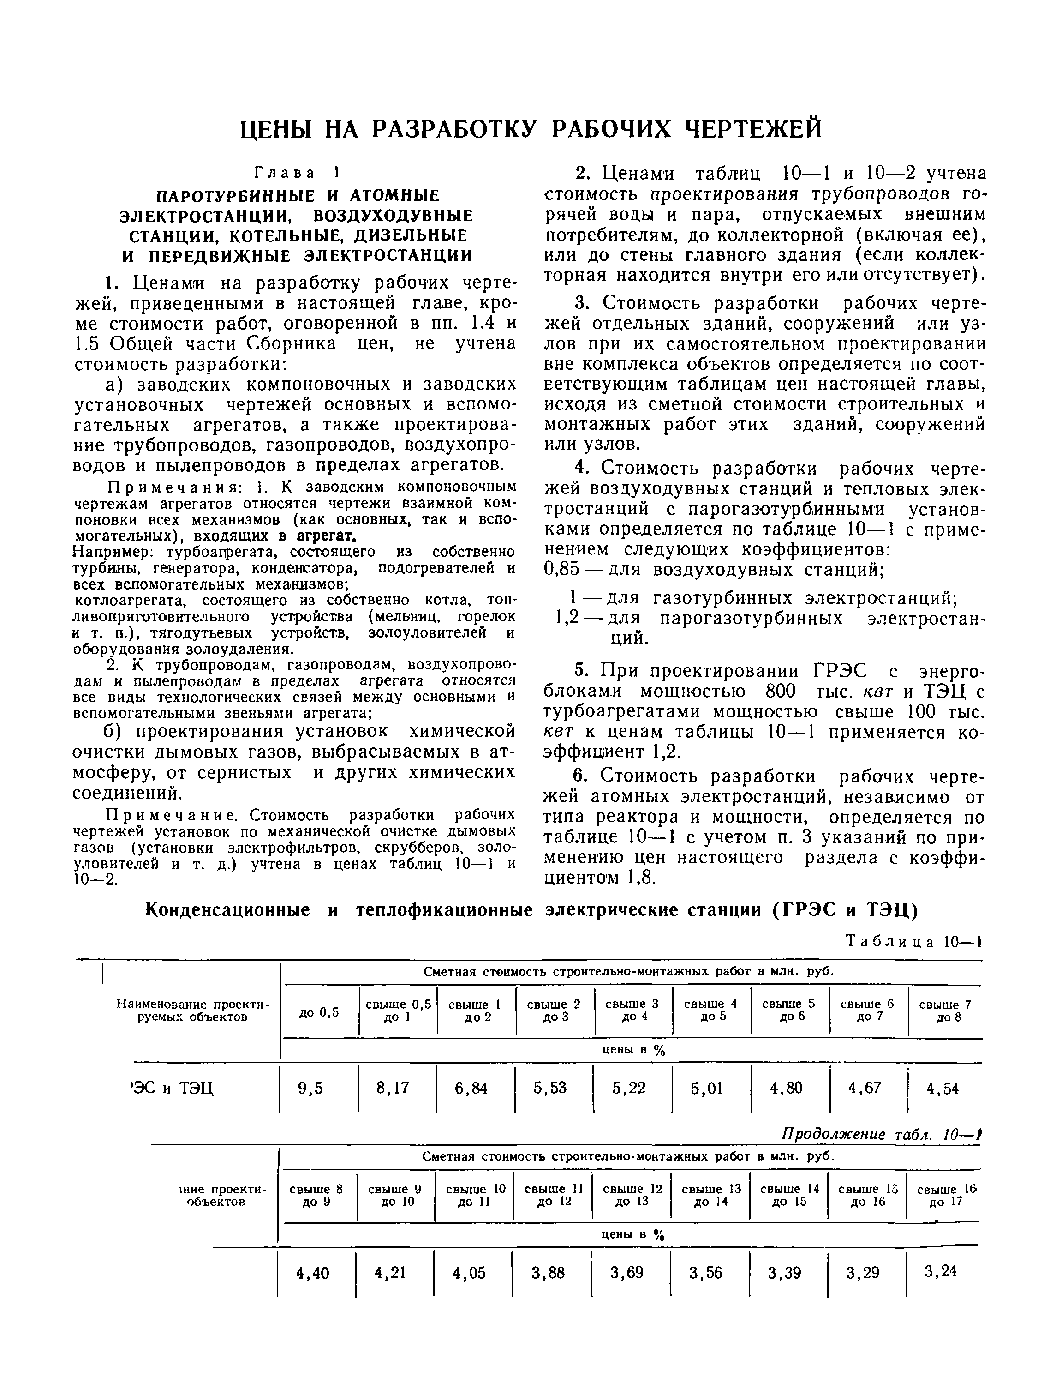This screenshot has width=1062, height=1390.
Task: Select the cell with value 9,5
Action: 310,1089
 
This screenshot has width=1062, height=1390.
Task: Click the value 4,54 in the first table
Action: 942,1089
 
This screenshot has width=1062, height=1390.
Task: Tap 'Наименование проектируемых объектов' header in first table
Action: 193,1011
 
